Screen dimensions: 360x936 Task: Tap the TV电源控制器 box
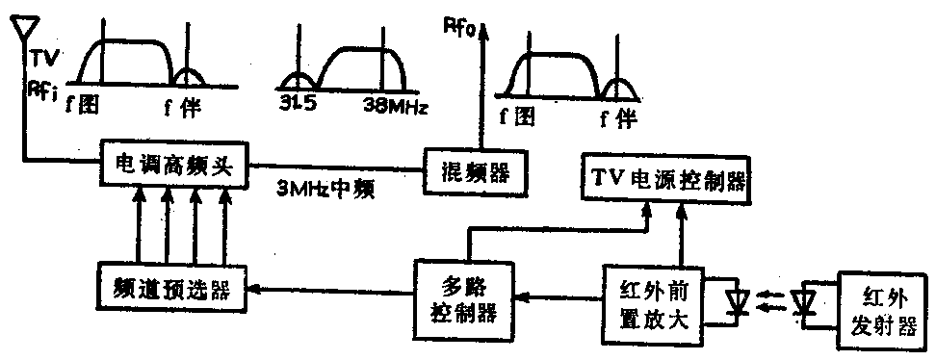[x=664, y=178]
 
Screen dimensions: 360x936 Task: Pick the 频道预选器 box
[x=169, y=287]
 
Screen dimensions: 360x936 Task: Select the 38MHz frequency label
[x=395, y=101]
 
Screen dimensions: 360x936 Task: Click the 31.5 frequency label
[x=297, y=101]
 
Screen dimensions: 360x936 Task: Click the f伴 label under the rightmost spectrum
[x=616, y=118]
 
